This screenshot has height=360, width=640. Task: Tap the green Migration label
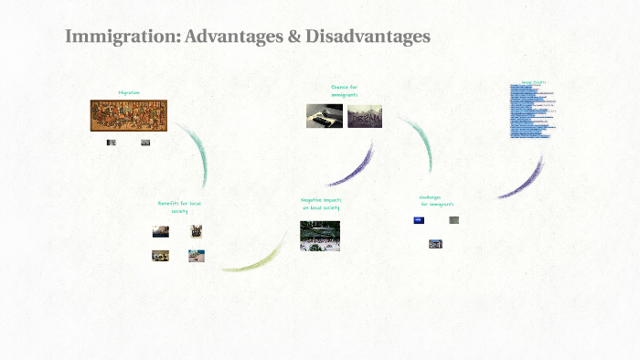coord(129,92)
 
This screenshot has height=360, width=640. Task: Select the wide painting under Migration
coord(129,116)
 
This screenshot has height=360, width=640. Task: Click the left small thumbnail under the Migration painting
coord(112,143)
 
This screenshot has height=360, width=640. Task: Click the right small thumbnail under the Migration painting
coord(145,143)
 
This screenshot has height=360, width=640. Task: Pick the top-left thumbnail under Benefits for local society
coord(160,231)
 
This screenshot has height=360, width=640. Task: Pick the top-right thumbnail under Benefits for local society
coord(196,231)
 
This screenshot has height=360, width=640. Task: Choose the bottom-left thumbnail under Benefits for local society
coord(160,256)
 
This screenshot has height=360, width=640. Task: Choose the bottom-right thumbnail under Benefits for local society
coord(196,256)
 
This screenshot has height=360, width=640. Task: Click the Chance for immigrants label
coord(344,90)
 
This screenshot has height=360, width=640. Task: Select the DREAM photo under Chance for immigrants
coord(365,117)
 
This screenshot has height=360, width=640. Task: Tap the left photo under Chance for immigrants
coord(325,116)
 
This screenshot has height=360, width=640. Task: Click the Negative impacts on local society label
coord(320,204)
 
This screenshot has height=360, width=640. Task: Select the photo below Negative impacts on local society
coord(320,235)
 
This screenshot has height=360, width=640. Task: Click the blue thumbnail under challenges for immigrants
coord(419,220)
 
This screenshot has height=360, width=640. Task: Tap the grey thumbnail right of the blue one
coord(454,220)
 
